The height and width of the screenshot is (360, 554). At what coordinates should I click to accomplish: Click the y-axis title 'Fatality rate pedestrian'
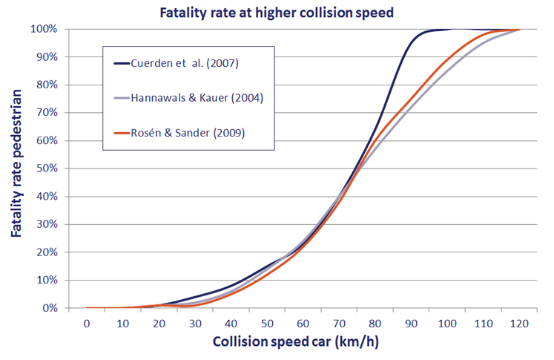coord(16,168)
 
